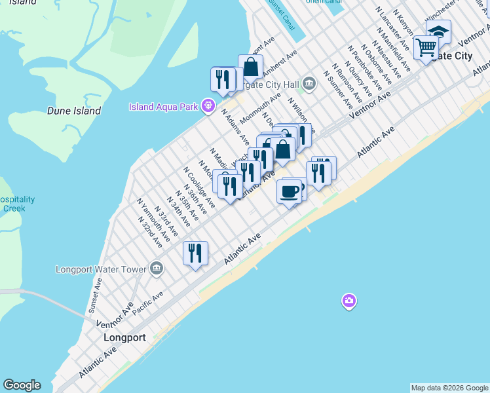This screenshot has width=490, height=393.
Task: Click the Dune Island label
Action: tap(74, 111)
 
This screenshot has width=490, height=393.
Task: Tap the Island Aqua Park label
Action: tap(164, 107)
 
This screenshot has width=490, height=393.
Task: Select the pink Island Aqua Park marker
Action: tap(208, 104)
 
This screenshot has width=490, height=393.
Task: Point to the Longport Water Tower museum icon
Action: tap(156, 268)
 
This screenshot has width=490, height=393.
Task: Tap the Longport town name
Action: tap(124, 338)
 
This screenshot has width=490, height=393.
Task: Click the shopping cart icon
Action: tap(426, 47)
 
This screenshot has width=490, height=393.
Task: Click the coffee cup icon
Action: tap(290, 191)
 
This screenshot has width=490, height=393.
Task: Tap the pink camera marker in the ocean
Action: tap(349, 301)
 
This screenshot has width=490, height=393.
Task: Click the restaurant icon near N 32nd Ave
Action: tap(195, 253)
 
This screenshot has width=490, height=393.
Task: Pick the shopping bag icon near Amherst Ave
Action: tap(250, 66)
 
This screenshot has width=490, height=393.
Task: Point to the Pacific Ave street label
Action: tap(147, 306)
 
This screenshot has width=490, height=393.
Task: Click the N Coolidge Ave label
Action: tap(200, 191)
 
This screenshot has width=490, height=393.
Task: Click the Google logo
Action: tap(22, 385)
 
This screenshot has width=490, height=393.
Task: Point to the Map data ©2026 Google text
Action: tap(449, 388)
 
